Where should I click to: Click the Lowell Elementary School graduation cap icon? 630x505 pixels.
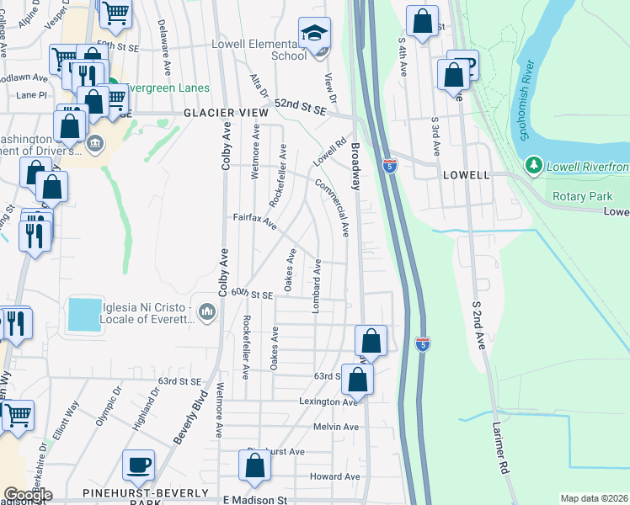point(315,34)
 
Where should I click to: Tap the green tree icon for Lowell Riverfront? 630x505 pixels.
point(532,166)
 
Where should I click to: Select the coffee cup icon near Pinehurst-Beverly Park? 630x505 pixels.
point(138,465)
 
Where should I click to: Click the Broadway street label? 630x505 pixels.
point(355,165)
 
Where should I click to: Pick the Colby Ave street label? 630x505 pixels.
point(226,143)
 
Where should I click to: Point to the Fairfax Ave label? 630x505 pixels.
point(255,221)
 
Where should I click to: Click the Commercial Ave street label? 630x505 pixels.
point(332,206)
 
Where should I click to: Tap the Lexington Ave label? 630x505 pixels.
point(329,402)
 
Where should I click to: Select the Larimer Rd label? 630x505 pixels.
point(504,454)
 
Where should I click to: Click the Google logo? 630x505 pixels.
point(28,495)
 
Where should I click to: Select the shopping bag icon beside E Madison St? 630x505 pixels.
point(254,465)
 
